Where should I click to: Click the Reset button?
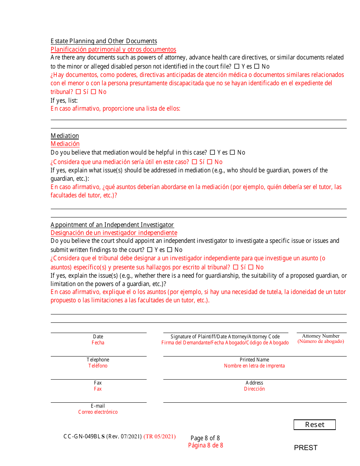click(x=315, y=425)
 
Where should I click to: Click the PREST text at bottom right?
click(x=305, y=448)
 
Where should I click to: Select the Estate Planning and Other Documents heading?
click(x=104, y=41)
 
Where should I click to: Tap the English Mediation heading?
click(x=65, y=136)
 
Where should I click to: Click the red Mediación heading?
click(x=65, y=144)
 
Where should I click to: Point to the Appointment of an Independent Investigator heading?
click(x=112, y=225)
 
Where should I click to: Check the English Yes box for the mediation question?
click(x=212, y=152)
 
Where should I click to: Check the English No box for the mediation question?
click(x=232, y=152)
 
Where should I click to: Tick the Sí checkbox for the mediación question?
click(x=194, y=162)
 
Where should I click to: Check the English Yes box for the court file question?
click(x=237, y=66)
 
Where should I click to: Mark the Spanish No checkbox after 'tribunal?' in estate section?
click(x=93, y=92)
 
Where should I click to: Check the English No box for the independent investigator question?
click(x=170, y=250)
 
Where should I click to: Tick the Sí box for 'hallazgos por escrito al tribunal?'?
click(x=236, y=267)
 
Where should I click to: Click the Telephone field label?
click(x=98, y=360)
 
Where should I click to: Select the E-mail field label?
click(x=98, y=406)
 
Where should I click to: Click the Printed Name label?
click(x=254, y=360)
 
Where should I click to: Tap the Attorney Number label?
click(x=321, y=336)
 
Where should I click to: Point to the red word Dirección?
click(x=254, y=389)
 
